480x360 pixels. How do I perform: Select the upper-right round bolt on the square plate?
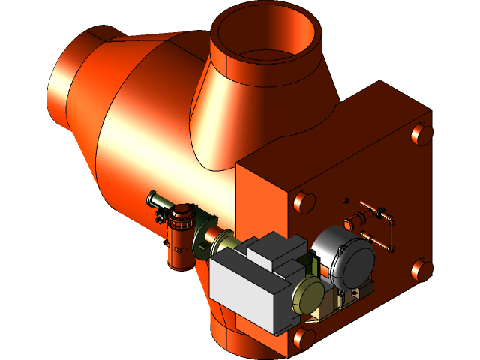[421, 134]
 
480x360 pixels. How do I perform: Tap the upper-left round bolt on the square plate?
[304, 202]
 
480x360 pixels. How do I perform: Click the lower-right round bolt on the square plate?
[421, 268]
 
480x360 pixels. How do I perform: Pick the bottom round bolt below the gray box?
[304, 337]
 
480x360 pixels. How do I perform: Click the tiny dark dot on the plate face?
[346, 200]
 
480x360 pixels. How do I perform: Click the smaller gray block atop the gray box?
[275, 250]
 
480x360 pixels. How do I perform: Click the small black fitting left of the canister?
[160, 217]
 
